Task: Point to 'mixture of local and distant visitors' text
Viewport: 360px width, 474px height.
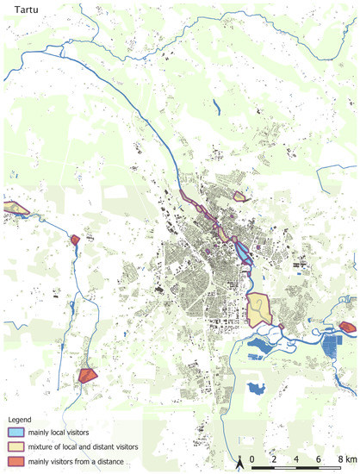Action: click(x=84, y=446)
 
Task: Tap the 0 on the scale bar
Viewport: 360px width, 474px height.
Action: click(x=251, y=459)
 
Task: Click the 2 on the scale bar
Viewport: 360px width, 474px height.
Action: click(x=274, y=459)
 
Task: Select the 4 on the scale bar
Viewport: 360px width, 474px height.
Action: click(x=296, y=459)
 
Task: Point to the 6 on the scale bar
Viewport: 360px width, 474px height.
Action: click(x=319, y=459)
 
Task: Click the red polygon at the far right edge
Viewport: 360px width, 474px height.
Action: click(x=347, y=327)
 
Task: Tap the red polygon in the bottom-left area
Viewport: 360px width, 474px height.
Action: click(x=86, y=375)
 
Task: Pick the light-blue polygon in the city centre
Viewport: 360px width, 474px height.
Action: click(x=243, y=253)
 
